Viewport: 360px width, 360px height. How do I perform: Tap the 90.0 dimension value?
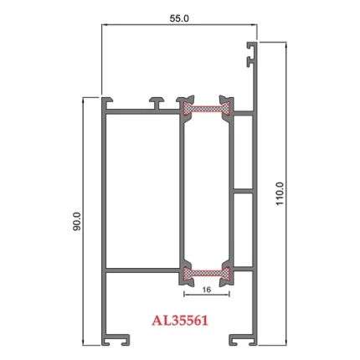point(76,221)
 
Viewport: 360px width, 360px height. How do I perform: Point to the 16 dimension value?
point(205,290)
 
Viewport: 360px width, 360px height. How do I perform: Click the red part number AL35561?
point(179,320)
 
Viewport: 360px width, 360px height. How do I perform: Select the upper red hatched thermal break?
point(205,108)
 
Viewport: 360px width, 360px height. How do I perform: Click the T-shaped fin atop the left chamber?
point(157,101)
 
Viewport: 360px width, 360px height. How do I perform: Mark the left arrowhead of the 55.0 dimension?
point(105,26)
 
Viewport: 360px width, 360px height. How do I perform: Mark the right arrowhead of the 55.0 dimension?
point(255,26)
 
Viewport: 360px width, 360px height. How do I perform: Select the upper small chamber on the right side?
point(240,151)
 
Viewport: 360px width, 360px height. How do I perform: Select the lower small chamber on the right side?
point(240,231)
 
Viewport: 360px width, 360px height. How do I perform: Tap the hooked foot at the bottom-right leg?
point(243,339)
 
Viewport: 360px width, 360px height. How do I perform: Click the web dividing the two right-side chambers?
point(240,192)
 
